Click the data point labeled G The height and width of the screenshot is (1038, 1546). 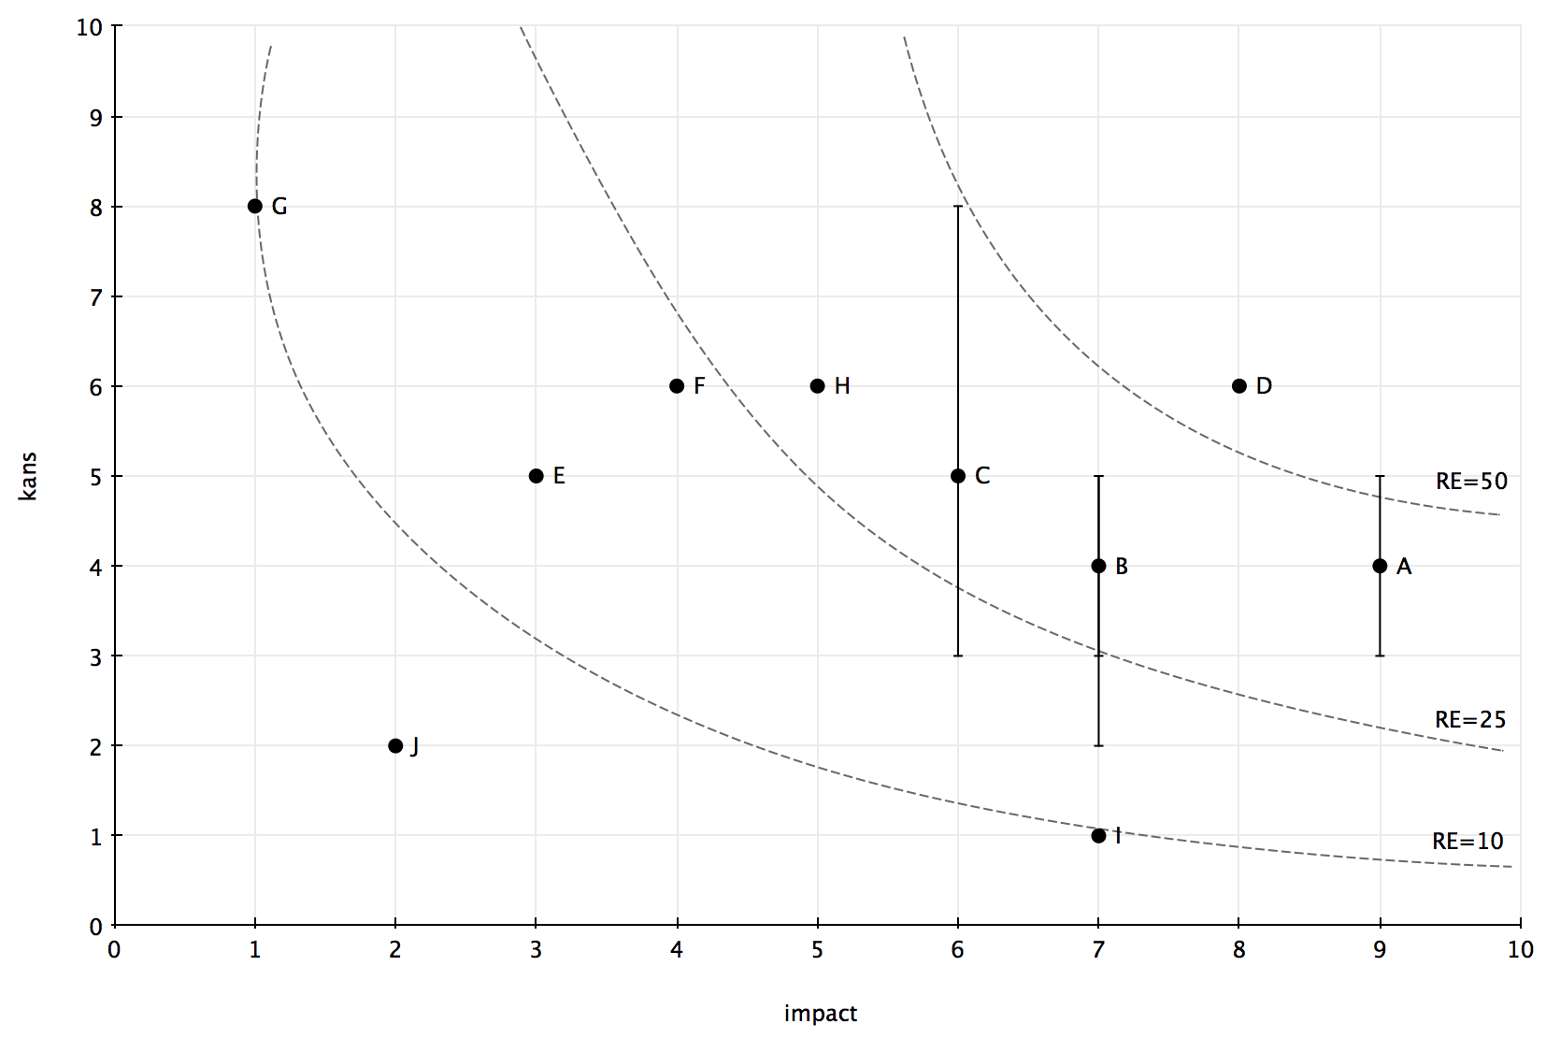pos(254,206)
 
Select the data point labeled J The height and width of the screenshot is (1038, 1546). pos(395,746)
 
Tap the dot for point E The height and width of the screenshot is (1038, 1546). pos(537,476)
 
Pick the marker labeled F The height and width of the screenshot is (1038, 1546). pos(677,386)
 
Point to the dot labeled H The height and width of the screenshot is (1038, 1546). pos(817,386)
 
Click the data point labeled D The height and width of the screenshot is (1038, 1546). pos(1239,386)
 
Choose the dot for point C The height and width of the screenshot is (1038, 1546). pos(958,476)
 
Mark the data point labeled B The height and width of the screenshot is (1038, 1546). pos(1099,567)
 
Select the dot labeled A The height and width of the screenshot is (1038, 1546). pos(1380,567)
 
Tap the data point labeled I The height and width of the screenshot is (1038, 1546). pos(1099,836)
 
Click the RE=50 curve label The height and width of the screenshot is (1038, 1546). pos(1471,482)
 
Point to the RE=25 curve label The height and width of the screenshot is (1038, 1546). pos(1470,720)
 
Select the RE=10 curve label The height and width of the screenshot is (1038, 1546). pos(1467,842)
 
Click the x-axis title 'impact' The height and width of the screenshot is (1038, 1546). pos(821,1014)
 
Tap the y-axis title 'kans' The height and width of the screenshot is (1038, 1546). pos(28,477)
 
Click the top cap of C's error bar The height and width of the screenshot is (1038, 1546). pos(958,206)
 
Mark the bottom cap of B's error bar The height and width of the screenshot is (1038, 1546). pos(1099,746)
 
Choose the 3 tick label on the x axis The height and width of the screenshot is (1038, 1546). pos(537,951)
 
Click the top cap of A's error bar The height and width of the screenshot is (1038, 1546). pos(1380,476)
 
